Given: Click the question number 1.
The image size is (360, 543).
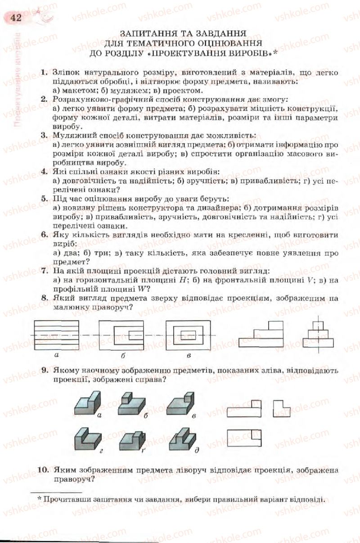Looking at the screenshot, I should (x=44, y=72).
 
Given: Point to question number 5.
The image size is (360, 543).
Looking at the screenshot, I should (x=44, y=199).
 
